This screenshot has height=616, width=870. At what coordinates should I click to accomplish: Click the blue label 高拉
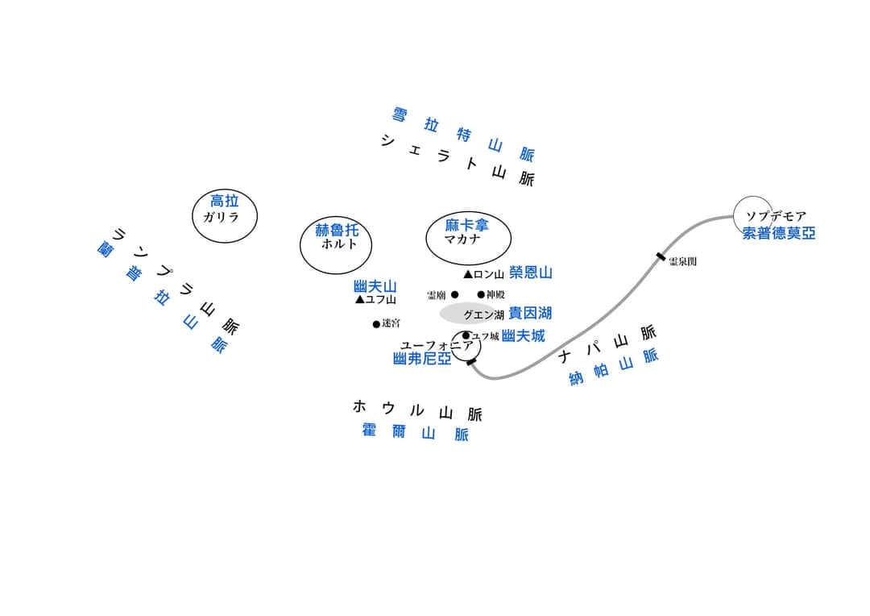coord(225,201)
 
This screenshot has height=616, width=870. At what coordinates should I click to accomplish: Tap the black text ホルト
coord(339,243)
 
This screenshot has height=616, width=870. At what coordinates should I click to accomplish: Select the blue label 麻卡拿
coord(466,225)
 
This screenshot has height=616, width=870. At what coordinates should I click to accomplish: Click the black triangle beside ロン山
coord(468,274)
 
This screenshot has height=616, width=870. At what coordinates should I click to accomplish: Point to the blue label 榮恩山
coord(530,273)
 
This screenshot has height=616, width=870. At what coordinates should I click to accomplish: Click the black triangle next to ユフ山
coord(360,299)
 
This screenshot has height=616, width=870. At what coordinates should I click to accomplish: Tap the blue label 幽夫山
coord(375,286)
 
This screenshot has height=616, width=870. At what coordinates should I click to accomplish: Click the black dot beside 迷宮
coord(376,324)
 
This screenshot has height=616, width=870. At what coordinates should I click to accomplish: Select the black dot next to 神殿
coord(481,294)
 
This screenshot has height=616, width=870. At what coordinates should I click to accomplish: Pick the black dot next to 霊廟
coord(455,294)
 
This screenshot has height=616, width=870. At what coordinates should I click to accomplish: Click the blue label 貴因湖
coord(530,314)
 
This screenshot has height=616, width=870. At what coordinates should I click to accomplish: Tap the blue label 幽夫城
coord(524,335)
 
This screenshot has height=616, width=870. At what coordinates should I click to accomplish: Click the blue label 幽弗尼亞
coord(422,359)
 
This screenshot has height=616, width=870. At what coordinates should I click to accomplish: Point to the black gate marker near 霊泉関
coord(661,256)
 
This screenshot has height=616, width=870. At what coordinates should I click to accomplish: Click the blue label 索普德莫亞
coord(779,233)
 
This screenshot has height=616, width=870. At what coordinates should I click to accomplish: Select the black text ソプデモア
coord(776,216)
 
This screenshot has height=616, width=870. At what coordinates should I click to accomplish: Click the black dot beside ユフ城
coord(466,335)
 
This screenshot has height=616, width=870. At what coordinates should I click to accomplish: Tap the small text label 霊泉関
coord(682,261)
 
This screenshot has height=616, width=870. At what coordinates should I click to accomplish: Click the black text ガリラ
coord(221,217)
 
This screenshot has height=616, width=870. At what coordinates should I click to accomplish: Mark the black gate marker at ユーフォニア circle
coord(471,362)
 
